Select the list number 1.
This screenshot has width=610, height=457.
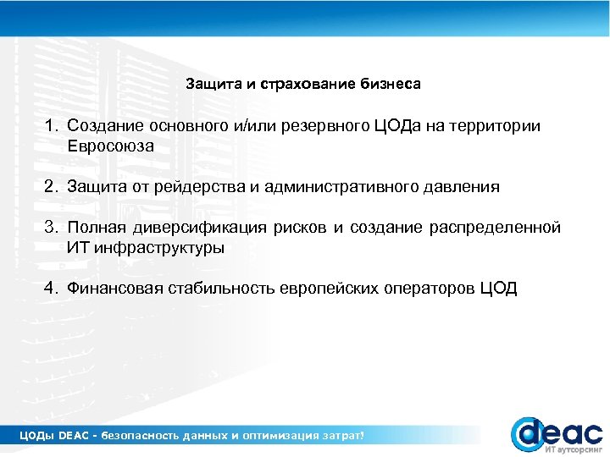point(51,126)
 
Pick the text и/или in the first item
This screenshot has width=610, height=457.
point(263,126)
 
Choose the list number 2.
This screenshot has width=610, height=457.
point(51,187)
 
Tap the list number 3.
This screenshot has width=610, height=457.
point(51,228)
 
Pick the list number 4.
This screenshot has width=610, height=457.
point(51,289)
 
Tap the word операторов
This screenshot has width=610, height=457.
point(431,289)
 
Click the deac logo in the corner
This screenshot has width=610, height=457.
point(555,433)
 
